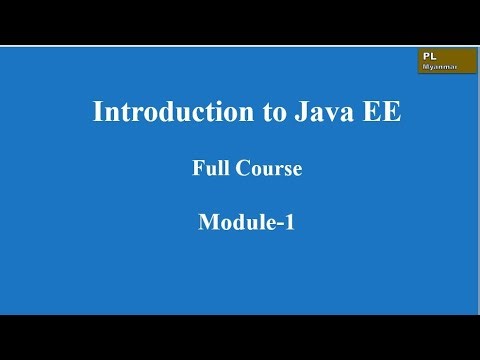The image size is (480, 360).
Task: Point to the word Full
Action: (208, 169)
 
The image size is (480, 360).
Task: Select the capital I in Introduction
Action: (97, 112)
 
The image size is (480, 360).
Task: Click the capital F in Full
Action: (197, 169)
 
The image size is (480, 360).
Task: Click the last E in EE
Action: (393, 112)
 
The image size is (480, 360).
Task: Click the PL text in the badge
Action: (429, 56)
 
